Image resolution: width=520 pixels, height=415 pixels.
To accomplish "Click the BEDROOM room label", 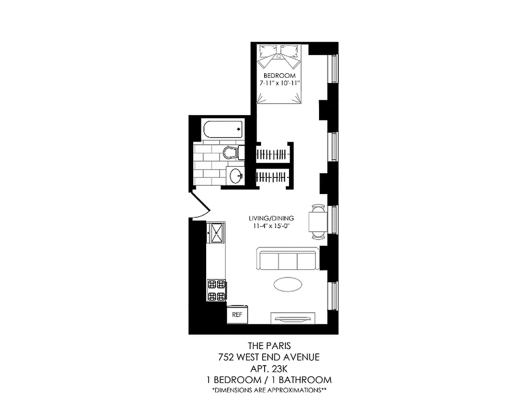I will tap(280, 76).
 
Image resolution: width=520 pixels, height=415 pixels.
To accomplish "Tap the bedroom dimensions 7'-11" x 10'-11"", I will tap(280, 83).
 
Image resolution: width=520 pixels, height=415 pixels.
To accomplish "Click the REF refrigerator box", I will tap(237, 314).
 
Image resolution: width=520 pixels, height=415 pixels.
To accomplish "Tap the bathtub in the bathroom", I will tap(223, 130).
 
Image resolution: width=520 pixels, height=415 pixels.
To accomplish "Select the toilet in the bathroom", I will tap(232, 153).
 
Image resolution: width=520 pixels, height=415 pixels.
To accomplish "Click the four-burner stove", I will tap(216, 290).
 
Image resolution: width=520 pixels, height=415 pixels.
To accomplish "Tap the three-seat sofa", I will tap(287, 259).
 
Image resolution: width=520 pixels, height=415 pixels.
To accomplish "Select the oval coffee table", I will tap(287, 286).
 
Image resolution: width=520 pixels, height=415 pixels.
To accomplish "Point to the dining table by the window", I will tap(317, 222).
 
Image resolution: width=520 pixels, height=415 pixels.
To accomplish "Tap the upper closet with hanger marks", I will tap(271, 154).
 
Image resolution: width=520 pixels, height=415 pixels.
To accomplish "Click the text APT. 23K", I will tap(268, 368).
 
